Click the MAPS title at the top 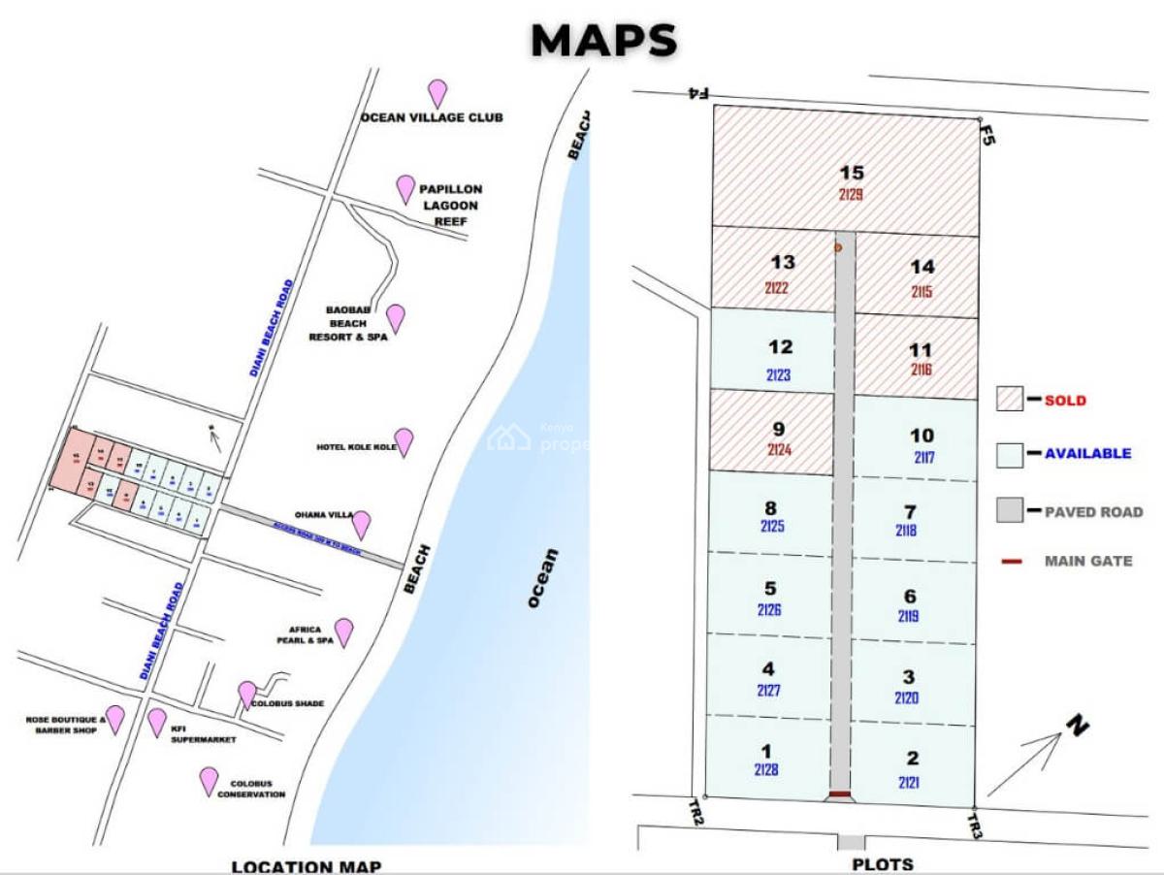click(x=603, y=41)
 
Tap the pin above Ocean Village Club click(x=438, y=93)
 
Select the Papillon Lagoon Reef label click(x=449, y=205)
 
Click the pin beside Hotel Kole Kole click(x=404, y=441)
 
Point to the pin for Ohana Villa click(x=361, y=524)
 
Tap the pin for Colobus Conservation click(x=209, y=781)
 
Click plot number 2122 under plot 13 click(x=775, y=287)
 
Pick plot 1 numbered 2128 click(x=766, y=760)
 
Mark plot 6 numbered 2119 click(x=909, y=604)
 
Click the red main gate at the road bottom click(x=839, y=795)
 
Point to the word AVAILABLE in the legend click(x=1087, y=453)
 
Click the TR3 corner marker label click(x=975, y=826)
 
